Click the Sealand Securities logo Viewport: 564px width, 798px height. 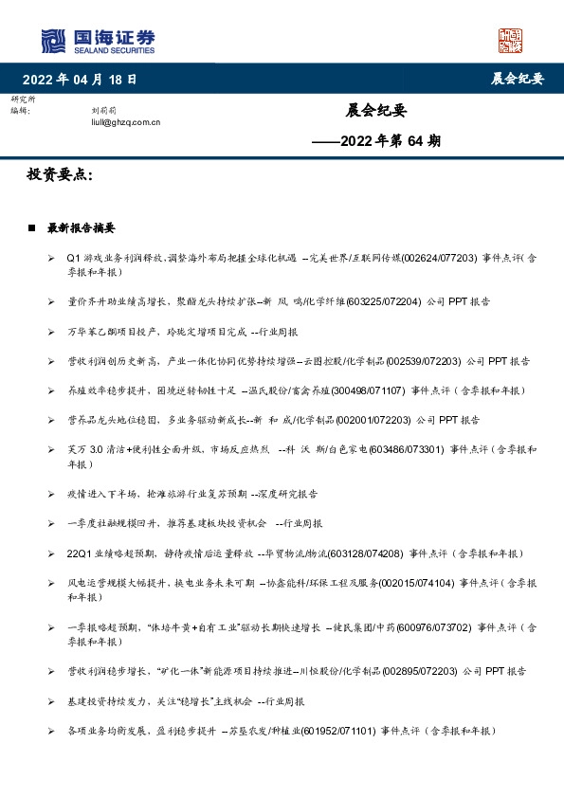pyautogui.click(x=98, y=41)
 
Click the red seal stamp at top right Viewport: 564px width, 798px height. pyautogui.click(x=511, y=41)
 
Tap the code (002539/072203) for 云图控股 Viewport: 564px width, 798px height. pyautogui.click(x=428, y=361)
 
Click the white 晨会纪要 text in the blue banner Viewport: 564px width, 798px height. pyautogui.click(x=517, y=79)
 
